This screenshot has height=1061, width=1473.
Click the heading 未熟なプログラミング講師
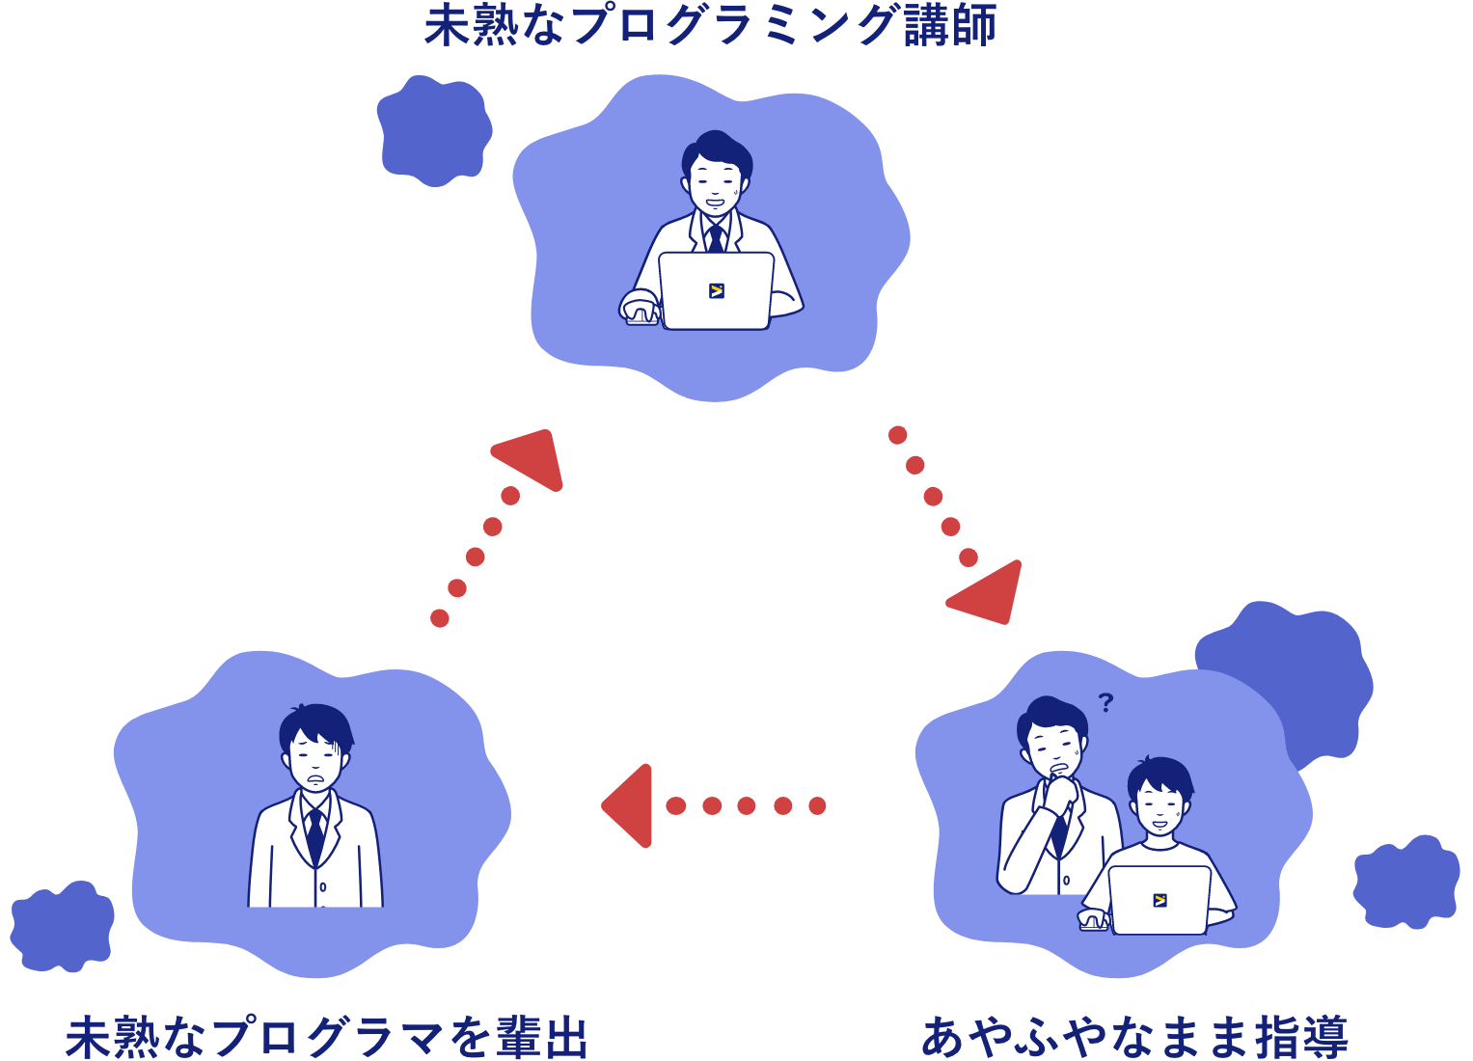click(711, 25)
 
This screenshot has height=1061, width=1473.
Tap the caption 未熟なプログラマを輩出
click(326, 1038)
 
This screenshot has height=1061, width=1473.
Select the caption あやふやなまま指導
click(1134, 1038)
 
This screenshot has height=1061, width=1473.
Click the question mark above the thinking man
click(1105, 702)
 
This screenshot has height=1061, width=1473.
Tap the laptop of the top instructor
click(716, 290)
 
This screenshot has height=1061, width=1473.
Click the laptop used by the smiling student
click(1159, 899)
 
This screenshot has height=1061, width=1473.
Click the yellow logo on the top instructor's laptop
click(716, 290)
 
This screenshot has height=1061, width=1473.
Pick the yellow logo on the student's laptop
click(1159, 900)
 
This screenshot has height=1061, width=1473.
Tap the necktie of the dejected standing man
click(314, 833)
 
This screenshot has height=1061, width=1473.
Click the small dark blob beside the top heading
click(433, 129)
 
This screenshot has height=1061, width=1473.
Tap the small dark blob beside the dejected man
click(62, 926)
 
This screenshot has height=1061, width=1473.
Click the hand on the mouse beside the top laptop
click(640, 308)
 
